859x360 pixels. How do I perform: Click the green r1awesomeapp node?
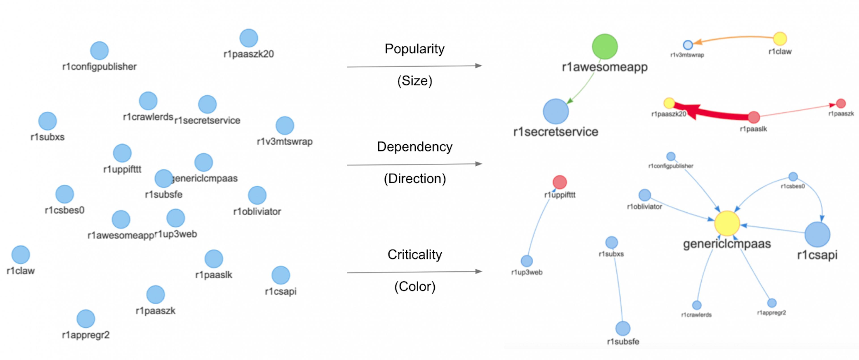[x=605, y=46]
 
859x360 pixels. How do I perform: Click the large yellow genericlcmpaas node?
[x=727, y=223]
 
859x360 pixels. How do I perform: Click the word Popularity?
[x=415, y=49]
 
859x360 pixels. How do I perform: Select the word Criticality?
[x=415, y=255]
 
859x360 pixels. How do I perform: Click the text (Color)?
[x=415, y=287]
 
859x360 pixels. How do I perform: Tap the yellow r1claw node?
[x=780, y=39]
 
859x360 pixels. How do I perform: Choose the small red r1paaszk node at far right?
[x=841, y=103]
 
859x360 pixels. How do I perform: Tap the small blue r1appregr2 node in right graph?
[x=772, y=303]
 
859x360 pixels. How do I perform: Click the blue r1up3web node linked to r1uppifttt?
[x=527, y=261]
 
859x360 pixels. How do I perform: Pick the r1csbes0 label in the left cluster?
[x=64, y=210]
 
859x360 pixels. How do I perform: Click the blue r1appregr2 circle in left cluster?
[x=86, y=318]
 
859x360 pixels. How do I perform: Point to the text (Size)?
[x=415, y=81]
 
